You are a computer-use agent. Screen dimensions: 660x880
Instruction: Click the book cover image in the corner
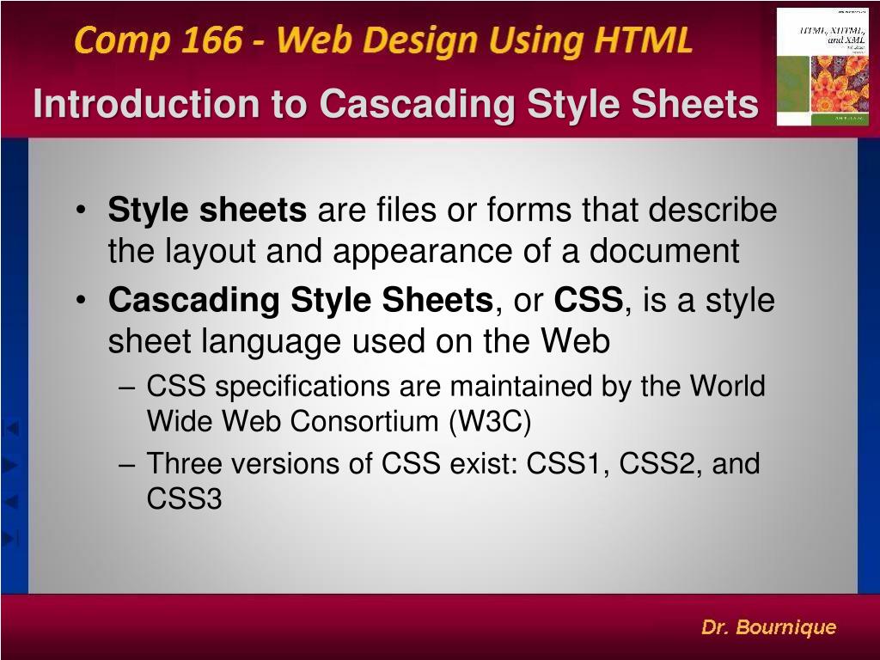(x=822, y=67)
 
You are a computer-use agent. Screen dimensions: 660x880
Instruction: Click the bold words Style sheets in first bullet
(x=207, y=210)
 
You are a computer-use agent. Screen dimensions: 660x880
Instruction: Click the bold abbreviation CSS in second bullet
(x=588, y=301)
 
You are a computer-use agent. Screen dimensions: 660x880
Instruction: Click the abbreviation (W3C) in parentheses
(x=490, y=422)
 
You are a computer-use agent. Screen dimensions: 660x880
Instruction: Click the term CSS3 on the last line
(x=184, y=498)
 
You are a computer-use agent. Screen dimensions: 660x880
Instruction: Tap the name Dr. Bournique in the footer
(x=768, y=627)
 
